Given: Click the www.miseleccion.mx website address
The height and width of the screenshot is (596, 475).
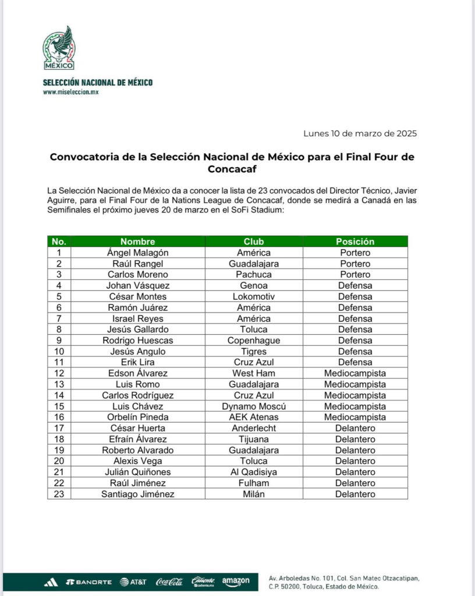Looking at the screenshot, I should tap(70, 92).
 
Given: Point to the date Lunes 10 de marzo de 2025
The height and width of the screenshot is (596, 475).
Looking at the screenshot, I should tap(360, 133).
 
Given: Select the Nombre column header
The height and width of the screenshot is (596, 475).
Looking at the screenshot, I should tap(137, 242).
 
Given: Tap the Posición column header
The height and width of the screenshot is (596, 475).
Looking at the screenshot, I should tap(355, 242).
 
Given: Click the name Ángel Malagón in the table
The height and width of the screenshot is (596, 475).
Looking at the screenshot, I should tap(137, 253).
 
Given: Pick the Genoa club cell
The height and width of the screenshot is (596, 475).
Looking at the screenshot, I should tap(254, 285).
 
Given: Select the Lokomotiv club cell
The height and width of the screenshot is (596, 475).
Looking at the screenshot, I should tap(254, 296).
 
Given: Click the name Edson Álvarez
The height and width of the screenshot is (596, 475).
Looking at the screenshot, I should tap(137, 373).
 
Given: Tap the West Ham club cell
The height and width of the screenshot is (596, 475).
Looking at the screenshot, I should tap(254, 373).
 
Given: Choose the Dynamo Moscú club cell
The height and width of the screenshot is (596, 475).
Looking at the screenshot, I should tap(254, 406).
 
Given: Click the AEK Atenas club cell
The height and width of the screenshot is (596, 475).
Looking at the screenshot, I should tap(254, 417).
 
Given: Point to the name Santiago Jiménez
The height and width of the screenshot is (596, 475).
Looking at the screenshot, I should tap(137, 494).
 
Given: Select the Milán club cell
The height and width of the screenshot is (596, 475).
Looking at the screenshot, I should tap(254, 494).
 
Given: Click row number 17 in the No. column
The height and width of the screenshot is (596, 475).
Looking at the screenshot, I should tap(59, 428).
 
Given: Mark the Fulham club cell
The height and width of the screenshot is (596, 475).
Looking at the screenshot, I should tap(254, 483).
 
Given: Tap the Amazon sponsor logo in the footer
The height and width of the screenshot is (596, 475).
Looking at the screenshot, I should tap(236, 581).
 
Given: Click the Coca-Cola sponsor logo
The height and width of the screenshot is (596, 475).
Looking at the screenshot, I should tap(169, 581).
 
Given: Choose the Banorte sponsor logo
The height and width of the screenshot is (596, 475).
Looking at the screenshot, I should tap(88, 582).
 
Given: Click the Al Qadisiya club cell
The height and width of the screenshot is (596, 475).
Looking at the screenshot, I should tap(254, 472).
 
